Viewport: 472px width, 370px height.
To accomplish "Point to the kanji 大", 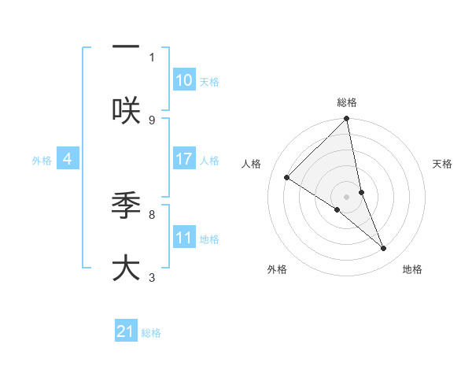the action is point(126,268).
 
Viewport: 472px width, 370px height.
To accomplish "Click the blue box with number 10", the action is point(184,80).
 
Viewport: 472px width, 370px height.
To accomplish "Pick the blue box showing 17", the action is point(184,159).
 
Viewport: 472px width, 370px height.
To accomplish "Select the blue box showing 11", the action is point(184,238).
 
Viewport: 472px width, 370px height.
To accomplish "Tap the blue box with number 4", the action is point(68,159).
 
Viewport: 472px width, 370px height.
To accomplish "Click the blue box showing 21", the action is point(126,331).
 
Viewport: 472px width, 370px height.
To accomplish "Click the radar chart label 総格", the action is point(347,102).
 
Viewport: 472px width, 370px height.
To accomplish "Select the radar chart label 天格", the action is point(442,164).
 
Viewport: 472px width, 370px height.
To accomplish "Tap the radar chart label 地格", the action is point(412,269).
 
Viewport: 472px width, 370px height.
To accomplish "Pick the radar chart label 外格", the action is point(277,269).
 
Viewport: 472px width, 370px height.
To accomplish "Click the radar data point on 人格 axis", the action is point(286,177).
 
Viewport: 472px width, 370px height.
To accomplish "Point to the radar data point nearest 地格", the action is point(384,248).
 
